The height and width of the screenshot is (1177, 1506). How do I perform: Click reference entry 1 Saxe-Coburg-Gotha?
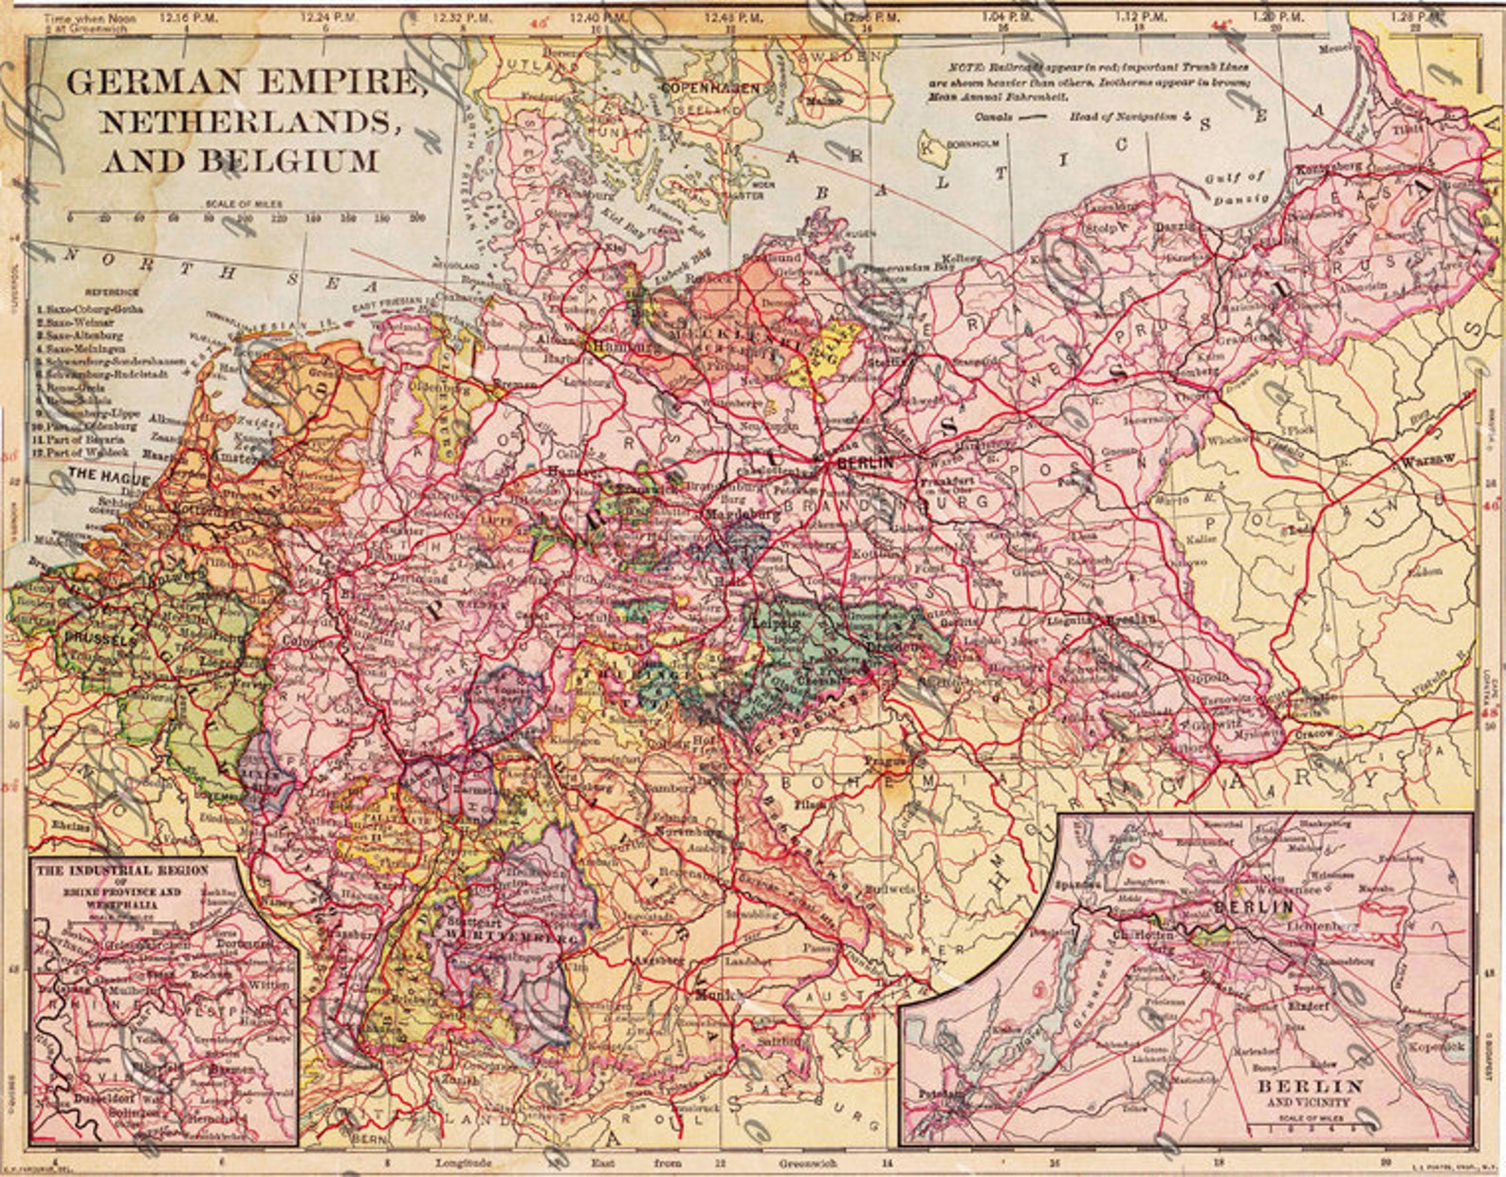tap(88, 309)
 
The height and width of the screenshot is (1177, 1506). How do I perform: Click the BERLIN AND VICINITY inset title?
tap(1310, 1091)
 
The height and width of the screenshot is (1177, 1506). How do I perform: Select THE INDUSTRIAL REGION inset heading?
tap(121, 869)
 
